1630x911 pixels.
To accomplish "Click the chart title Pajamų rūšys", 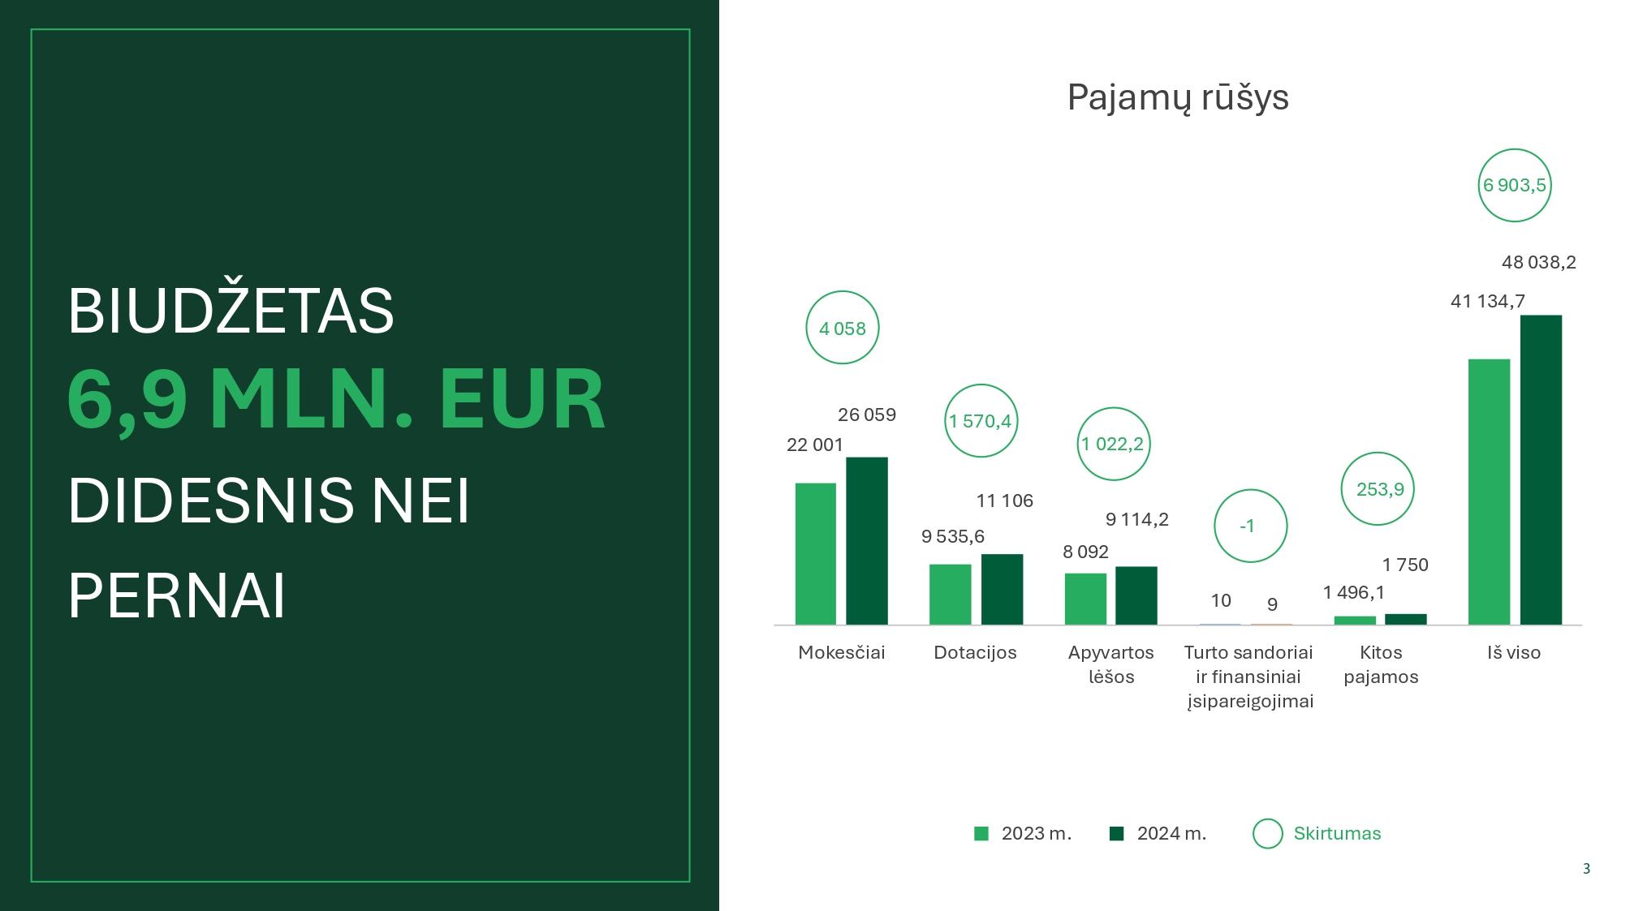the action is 1177,97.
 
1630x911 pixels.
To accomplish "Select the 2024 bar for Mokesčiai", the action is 867,541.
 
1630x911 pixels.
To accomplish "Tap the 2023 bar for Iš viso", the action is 1490,492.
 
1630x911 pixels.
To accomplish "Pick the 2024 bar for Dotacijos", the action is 1002,590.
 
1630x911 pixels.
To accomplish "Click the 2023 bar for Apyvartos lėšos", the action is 1085,599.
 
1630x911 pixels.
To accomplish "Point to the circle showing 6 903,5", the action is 1515,149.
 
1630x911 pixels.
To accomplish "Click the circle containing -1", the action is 1251,490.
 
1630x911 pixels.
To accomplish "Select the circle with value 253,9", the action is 1378,453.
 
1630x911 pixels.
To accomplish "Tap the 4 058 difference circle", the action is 843,291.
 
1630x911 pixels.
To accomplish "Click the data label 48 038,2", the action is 1538,262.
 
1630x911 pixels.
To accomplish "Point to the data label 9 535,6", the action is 953,536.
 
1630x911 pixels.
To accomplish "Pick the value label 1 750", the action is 1405,565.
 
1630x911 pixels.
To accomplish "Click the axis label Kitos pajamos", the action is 1381,664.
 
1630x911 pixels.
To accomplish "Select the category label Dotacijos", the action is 975,652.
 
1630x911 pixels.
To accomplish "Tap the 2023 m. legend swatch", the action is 981,834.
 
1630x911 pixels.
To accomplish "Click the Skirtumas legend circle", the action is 1268,819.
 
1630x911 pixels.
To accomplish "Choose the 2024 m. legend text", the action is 1171,833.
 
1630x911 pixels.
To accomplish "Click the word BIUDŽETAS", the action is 231,310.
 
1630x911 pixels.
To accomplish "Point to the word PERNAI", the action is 177,595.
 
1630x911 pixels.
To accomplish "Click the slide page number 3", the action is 1586,869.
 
